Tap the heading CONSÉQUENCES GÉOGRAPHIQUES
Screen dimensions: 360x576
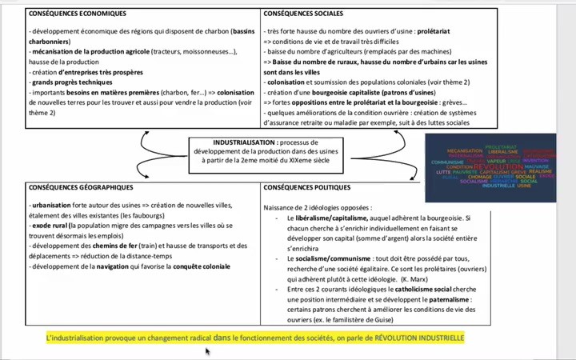click(x=80, y=187)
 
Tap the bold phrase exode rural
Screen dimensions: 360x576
click(x=50, y=227)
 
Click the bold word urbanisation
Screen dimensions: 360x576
click(x=50, y=205)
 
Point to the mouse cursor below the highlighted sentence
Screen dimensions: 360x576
click(x=208, y=350)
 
